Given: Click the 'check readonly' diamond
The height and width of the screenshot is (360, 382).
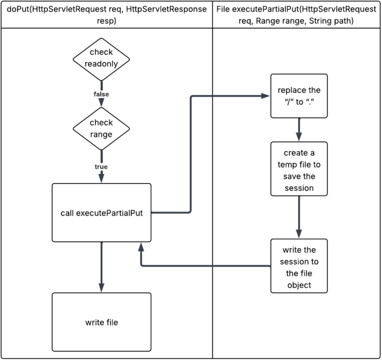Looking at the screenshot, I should [x=101, y=58].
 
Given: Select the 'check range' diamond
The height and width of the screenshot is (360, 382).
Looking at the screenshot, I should [x=101, y=128].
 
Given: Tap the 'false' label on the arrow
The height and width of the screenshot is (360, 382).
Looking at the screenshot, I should [x=101, y=94].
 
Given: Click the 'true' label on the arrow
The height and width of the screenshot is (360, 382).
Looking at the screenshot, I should [x=101, y=167].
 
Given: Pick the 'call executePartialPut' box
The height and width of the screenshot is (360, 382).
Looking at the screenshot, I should [x=101, y=212].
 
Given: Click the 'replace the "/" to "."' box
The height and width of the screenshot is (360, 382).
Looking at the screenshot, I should [x=299, y=96].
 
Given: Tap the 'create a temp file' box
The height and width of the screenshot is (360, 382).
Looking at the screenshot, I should [x=299, y=168].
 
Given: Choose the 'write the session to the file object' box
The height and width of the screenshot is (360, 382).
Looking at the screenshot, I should [x=299, y=265].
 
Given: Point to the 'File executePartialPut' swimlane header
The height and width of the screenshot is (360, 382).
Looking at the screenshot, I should [x=297, y=14].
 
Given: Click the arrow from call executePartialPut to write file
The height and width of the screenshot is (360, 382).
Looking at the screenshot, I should [x=101, y=265].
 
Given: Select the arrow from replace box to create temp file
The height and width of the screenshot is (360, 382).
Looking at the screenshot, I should [x=299, y=129].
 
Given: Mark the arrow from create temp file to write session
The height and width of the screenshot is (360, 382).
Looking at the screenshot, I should [x=299, y=216].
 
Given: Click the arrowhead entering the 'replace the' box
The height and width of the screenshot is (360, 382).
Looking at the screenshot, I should [x=266, y=96].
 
